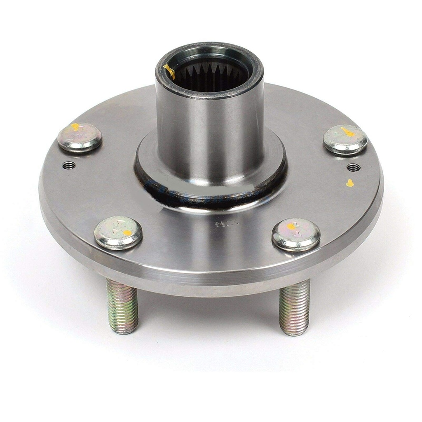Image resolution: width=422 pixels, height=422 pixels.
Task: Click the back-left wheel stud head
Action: pyautogui.click(x=80, y=137)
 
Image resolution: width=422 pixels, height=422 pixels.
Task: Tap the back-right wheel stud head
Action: pyautogui.click(x=345, y=139)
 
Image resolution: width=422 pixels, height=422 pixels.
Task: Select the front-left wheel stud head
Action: pyautogui.click(x=118, y=233)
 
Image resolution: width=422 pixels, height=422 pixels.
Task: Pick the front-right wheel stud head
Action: pyautogui.click(x=296, y=234)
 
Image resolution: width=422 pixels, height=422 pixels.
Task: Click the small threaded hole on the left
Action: pyautogui.click(x=69, y=165)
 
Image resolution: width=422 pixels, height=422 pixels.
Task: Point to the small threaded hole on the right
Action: pyautogui.click(x=354, y=167)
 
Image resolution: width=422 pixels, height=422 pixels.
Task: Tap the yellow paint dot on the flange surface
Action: pyautogui.click(x=350, y=183)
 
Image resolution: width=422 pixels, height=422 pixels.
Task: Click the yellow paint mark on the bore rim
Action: pyautogui.click(x=169, y=71)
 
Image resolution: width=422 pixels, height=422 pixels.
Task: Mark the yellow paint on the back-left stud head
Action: pyautogui.click(x=75, y=127)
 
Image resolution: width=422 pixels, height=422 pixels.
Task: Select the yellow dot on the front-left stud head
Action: pyautogui.click(x=127, y=233)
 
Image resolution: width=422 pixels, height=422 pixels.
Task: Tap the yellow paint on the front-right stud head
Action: pyautogui.click(x=291, y=226)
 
